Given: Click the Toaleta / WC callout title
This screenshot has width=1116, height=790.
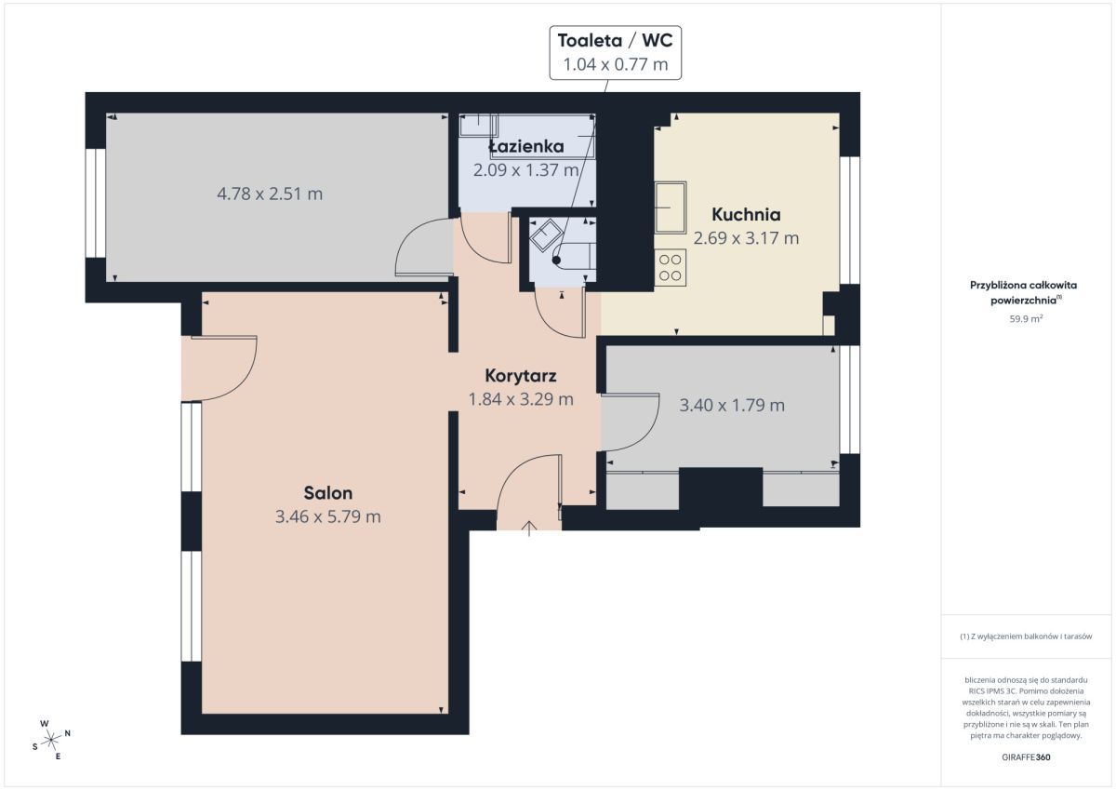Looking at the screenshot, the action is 616,41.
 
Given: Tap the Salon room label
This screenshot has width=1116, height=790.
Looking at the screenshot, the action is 328,493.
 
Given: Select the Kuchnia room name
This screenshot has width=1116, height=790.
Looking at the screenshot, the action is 746,214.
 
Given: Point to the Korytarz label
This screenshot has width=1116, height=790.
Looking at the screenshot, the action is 521,376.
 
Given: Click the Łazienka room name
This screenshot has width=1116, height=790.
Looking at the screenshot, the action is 526,146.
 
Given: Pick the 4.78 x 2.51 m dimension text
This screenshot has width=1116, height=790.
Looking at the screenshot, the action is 270,194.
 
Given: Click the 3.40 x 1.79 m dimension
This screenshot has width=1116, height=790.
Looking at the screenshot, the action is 732,405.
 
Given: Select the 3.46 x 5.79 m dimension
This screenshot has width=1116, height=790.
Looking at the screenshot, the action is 328,516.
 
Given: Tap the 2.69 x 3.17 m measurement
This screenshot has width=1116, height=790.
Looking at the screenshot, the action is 746,238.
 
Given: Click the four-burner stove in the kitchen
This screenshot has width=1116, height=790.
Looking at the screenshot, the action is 671,268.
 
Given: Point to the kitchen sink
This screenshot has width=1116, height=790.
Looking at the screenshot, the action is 671,208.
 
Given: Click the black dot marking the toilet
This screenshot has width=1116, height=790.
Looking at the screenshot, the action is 556,261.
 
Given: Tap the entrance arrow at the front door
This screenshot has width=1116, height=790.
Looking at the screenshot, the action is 529,529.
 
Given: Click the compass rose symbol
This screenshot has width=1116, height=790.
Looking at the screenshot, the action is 51,740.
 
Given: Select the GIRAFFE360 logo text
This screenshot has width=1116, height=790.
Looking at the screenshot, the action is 1026,757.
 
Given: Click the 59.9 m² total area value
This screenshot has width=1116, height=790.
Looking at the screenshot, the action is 1026,319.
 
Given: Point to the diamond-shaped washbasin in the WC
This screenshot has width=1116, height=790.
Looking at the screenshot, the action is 546,235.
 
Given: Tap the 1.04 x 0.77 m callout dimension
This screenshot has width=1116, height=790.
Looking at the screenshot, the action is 616,64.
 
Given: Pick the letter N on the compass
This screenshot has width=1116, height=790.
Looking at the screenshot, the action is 68,733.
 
